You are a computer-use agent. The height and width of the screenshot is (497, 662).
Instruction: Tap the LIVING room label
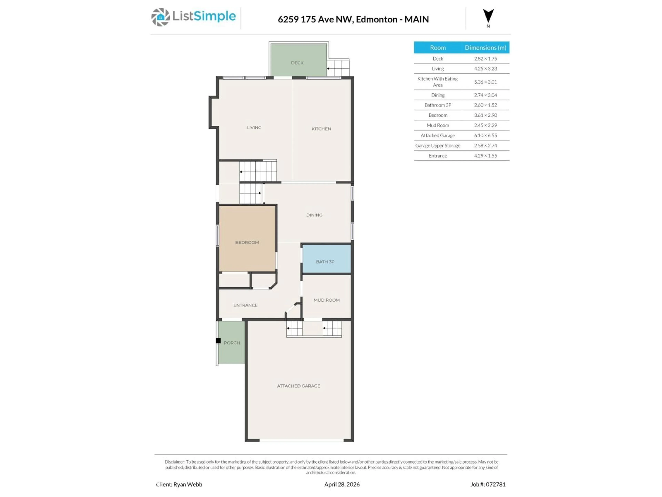click(254, 128)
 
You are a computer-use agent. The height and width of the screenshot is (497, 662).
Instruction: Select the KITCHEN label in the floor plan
click(321, 129)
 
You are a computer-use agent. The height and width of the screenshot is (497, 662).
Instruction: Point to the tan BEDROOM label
click(247, 242)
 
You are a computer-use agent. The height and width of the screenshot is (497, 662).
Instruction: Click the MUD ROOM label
click(327, 300)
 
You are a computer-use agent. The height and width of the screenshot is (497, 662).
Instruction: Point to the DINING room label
click(314, 215)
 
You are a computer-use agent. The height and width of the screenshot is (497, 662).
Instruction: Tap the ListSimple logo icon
click(160, 17)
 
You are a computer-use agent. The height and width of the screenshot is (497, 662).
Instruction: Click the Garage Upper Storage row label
click(438, 146)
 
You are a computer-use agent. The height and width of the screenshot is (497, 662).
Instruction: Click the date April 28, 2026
click(342, 484)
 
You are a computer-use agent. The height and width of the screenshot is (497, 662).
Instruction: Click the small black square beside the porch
click(218, 341)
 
